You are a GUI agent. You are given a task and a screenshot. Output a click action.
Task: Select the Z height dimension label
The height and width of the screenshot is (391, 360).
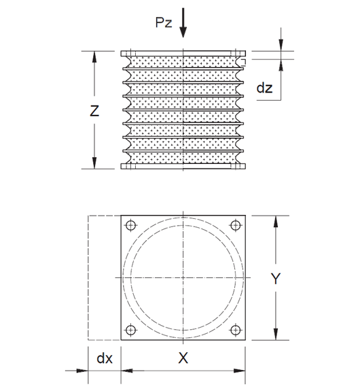96,112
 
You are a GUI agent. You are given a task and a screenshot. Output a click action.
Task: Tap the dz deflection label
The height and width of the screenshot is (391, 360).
266,88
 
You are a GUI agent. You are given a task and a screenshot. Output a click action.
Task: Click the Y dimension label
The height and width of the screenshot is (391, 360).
275,279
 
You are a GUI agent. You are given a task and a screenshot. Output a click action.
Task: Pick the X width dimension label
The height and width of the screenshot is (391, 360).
183,358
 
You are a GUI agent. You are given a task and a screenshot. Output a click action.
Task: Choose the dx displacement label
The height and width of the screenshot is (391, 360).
103,358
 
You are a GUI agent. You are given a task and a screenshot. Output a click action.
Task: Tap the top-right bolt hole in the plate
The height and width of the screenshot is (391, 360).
235,226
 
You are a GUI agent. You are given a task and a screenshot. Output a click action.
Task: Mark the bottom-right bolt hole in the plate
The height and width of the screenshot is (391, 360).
235,330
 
